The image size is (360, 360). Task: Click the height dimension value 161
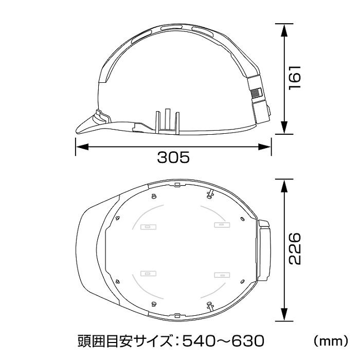pyautogui.click(x=294, y=78)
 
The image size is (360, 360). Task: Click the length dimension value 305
pyautogui.click(x=173, y=157)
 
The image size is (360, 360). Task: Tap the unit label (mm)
pyautogui.click(x=331, y=340)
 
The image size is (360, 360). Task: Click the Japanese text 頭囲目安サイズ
pyautogui.click(x=122, y=340)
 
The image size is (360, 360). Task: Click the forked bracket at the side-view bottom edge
pyautogui.click(x=168, y=121)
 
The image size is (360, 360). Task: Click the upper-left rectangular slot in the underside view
pyautogui.click(x=147, y=225)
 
